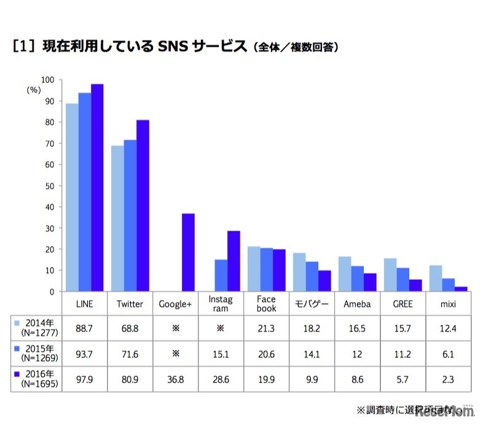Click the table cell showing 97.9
click(84, 378)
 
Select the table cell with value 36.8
click(175, 378)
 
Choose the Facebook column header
click(266, 304)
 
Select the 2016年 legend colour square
click(17, 374)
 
